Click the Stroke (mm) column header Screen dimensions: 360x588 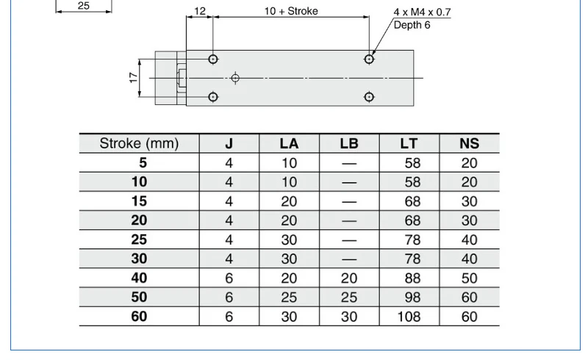point(139,143)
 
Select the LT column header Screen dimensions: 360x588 point(409,143)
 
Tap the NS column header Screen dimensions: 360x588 point(469,143)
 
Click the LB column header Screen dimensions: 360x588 point(349,143)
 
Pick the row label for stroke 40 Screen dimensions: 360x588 point(139,278)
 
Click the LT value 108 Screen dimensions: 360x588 point(409,317)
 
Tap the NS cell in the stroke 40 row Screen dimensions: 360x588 point(469,278)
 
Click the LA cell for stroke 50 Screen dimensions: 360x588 point(289,298)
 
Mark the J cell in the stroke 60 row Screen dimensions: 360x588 point(229,317)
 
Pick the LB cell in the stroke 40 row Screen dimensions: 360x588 point(349,278)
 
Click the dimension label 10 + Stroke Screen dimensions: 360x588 point(291,11)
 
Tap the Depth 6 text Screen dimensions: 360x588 point(413,25)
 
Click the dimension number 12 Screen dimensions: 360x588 point(200,11)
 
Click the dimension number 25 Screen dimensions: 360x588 point(84,5)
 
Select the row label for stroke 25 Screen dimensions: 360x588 point(139,240)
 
